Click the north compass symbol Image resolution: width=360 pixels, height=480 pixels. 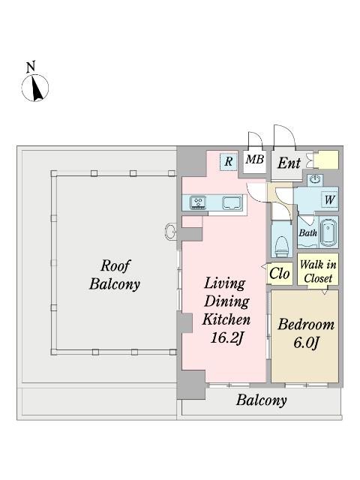click(x=35, y=88)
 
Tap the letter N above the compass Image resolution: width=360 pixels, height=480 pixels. click(x=31, y=67)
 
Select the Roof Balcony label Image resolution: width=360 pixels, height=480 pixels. click(x=115, y=274)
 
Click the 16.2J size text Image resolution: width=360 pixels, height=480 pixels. click(x=226, y=337)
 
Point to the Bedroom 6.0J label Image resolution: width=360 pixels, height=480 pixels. click(x=306, y=333)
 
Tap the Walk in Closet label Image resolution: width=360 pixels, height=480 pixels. click(x=318, y=271)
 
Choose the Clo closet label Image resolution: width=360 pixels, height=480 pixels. click(x=280, y=273)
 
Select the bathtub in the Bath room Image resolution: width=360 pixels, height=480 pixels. click(x=328, y=232)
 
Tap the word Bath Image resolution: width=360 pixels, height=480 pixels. click(x=307, y=233)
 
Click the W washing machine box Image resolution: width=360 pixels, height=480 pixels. click(x=330, y=200)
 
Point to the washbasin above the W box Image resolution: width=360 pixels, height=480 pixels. click(x=315, y=179)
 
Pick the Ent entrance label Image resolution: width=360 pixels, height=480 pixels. click(x=289, y=163)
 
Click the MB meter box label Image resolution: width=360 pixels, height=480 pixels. click(x=255, y=159)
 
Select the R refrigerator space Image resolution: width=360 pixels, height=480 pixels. click(x=228, y=161)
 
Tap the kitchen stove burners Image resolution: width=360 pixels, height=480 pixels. click(x=198, y=202)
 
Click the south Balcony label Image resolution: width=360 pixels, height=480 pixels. click(x=262, y=400)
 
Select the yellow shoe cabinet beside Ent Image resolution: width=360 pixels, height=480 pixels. click(x=327, y=160)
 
